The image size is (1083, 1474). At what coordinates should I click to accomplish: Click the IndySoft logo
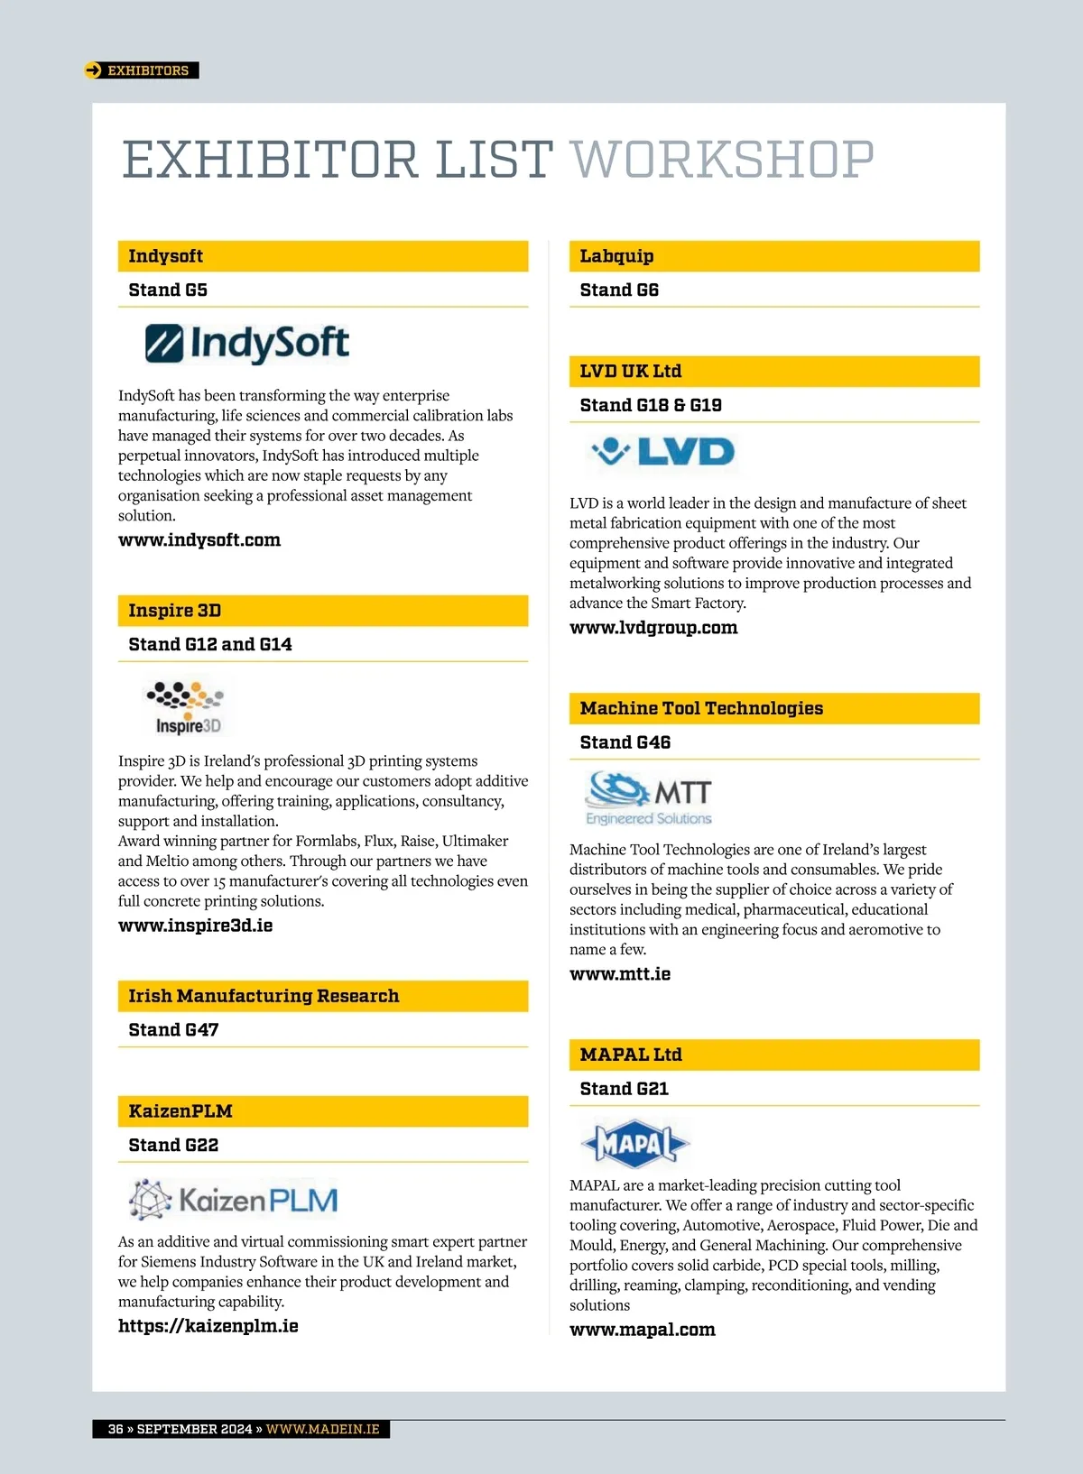[247, 344]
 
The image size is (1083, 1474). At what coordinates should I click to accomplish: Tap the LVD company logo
[663, 451]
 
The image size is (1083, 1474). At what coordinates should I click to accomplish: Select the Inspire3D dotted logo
[186, 708]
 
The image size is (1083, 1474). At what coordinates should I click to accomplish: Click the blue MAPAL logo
[634, 1144]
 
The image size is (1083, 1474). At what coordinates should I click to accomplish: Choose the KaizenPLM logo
[234, 1200]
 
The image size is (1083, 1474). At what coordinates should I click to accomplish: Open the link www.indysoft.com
[199, 540]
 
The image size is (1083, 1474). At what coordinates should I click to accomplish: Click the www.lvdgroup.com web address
[653, 628]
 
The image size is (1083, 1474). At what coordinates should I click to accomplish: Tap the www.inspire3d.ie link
[195, 926]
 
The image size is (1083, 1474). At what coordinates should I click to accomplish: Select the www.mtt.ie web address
[620, 974]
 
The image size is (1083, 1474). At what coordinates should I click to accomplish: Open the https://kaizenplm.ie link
[208, 1326]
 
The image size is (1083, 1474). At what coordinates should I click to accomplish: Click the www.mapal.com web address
[643, 1330]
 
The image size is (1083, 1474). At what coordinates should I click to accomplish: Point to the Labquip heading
[616, 256]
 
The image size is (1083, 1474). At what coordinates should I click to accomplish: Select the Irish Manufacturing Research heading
[264, 996]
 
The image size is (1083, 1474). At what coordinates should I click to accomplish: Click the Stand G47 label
[173, 1030]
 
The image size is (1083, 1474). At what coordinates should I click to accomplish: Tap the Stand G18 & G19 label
[651, 405]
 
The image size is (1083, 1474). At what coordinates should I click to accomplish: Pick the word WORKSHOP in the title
[722, 161]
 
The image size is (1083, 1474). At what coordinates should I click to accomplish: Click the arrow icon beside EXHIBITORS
[93, 70]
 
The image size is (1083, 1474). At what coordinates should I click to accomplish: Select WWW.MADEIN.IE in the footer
[322, 1429]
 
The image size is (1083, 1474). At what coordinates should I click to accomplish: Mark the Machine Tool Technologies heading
[701, 709]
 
